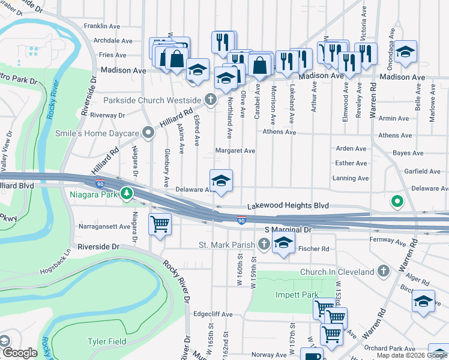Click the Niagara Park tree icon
point(126,193)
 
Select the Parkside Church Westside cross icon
point(210,100)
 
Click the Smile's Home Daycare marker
point(148,133)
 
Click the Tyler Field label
point(106,341)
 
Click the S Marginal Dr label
point(289,230)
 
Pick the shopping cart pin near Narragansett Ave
point(160,225)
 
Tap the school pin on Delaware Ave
point(221,180)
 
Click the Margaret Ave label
point(236,151)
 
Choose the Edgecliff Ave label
point(212,314)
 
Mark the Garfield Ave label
point(423,171)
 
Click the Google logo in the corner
point(20,353)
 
